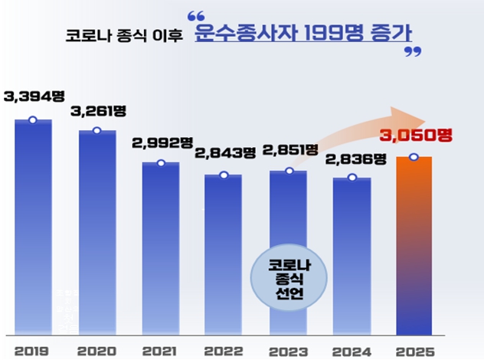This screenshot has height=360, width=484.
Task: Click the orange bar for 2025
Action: pyautogui.click(x=414, y=245)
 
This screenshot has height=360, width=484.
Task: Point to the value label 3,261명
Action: pyautogui.click(x=97, y=111)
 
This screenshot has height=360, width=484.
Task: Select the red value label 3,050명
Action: pyautogui.click(x=416, y=136)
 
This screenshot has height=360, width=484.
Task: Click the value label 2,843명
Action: pyautogui.click(x=225, y=153)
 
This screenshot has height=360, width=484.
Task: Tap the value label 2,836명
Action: pyautogui.click(x=353, y=159)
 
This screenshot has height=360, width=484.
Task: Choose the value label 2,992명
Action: pyautogui.click(x=162, y=142)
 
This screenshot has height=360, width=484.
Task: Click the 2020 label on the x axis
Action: pyautogui.click(x=97, y=349)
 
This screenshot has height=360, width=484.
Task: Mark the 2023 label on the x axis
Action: pyautogui.click(x=288, y=349)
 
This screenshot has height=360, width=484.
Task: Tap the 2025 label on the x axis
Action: pyautogui.click(x=414, y=349)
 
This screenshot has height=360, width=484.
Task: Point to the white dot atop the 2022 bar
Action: pyautogui.click(x=224, y=175)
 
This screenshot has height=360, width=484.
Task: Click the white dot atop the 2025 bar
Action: pyautogui.click(x=414, y=158)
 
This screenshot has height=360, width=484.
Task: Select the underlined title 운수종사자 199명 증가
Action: pyautogui.click(x=302, y=34)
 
